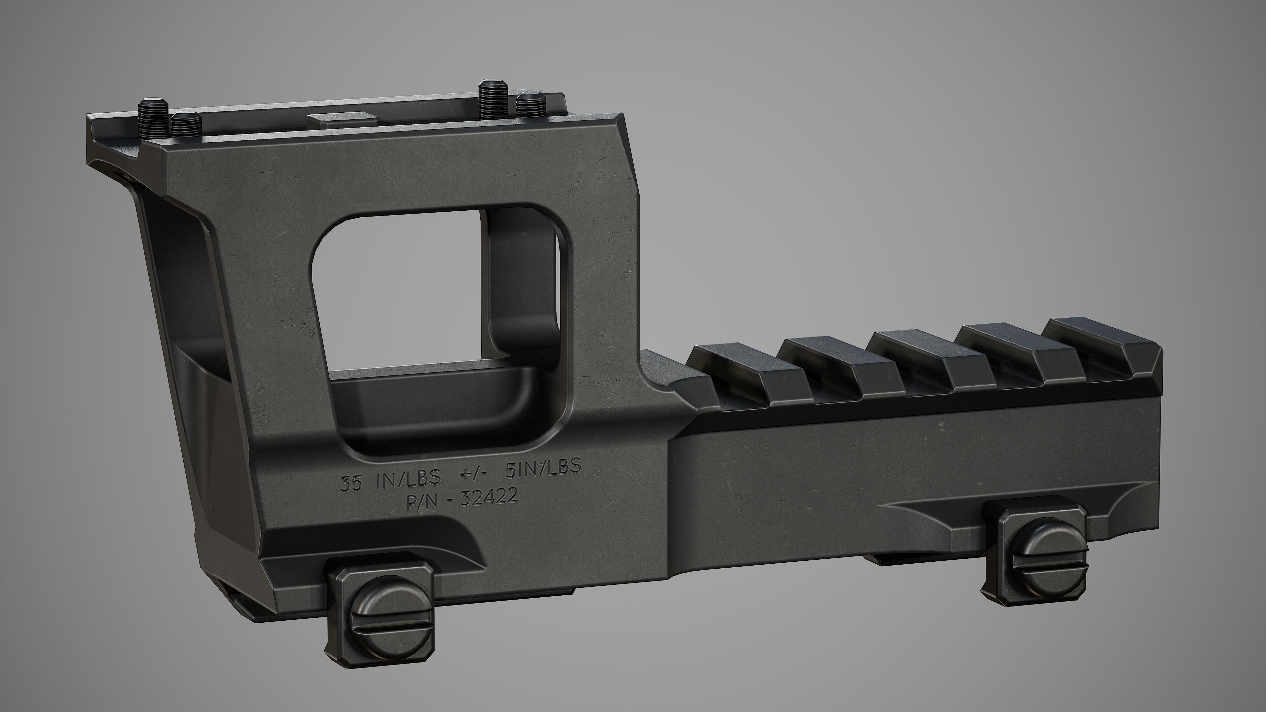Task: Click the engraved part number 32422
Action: pyautogui.click(x=489, y=497)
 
